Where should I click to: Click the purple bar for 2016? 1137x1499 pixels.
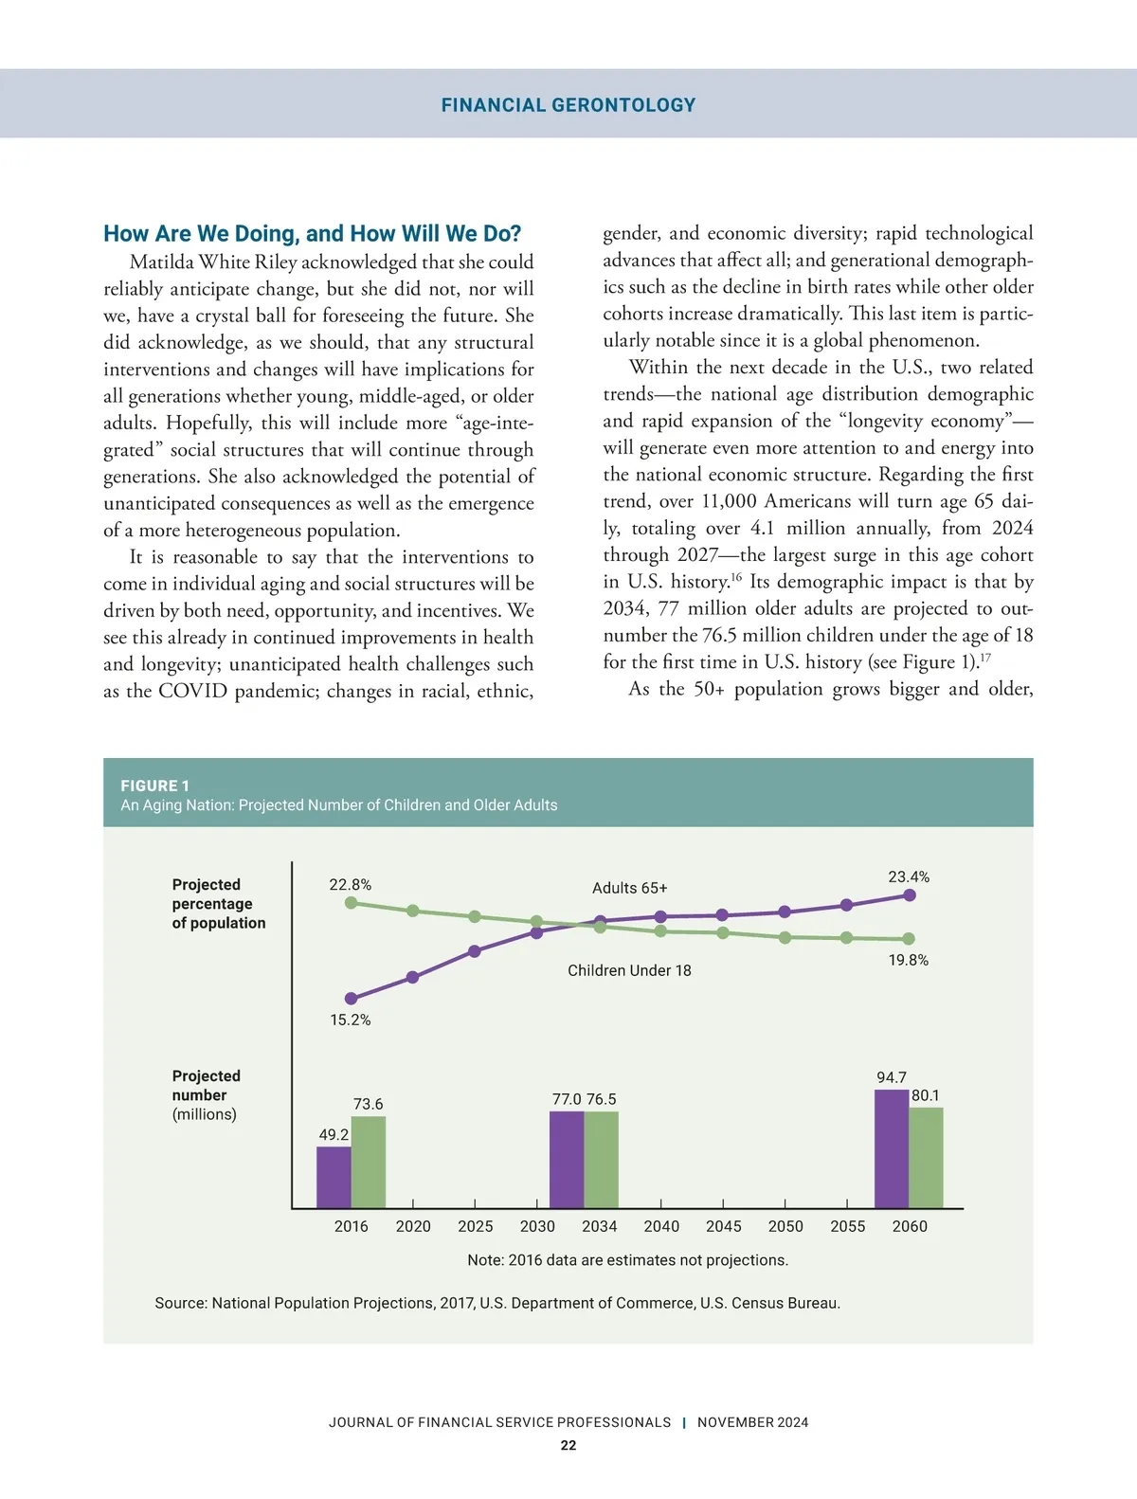coord(334,1177)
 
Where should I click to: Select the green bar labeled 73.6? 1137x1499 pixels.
coord(369,1162)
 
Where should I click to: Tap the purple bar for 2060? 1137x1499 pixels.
coord(892,1148)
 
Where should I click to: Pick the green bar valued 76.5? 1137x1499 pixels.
coord(601,1159)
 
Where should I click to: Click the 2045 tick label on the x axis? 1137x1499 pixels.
coord(724,1226)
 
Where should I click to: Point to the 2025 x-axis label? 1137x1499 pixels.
coord(476,1226)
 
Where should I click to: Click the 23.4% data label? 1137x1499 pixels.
coord(909,877)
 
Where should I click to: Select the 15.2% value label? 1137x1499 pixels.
coord(351,1020)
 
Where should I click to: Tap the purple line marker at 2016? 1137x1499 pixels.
coord(352,998)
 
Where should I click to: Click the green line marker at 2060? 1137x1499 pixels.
coord(909,939)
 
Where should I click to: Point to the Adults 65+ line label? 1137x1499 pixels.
coord(630,888)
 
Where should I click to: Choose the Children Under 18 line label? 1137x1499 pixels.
coord(629,970)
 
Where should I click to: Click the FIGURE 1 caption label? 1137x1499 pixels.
coord(155,786)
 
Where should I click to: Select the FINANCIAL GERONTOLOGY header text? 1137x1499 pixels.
coord(568,105)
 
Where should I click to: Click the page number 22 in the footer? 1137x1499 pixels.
coord(568,1445)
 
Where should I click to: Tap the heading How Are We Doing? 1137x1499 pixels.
coord(312,234)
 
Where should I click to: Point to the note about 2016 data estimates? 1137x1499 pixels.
coord(627,1260)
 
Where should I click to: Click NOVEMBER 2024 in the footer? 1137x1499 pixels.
coord(753,1422)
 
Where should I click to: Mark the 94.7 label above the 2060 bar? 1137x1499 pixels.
coord(892,1077)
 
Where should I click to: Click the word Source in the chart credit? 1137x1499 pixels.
coord(180,1303)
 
